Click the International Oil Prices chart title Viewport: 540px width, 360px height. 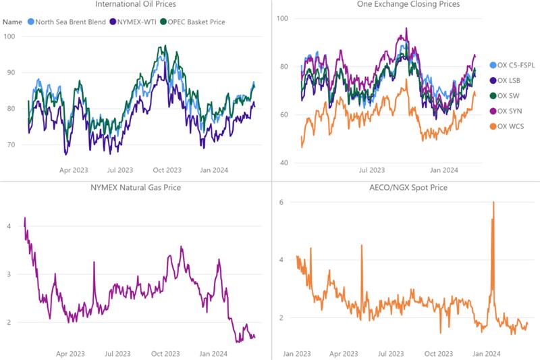point(136,5)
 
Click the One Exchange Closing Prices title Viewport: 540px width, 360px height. point(404,5)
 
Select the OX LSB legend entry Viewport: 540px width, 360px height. point(508,80)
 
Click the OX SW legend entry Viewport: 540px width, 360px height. point(508,96)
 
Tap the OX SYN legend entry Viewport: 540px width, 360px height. point(509,111)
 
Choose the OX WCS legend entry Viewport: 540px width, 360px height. point(510,126)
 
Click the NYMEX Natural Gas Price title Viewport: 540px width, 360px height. point(136,187)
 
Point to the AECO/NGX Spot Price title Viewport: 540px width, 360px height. point(404,187)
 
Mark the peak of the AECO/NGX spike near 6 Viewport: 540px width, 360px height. point(493,202)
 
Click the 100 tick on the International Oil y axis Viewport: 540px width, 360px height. point(9,36)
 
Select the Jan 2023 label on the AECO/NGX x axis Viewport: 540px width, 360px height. point(297,353)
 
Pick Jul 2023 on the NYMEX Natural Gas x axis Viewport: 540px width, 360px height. point(119,353)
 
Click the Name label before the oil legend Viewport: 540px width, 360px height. point(12,22)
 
